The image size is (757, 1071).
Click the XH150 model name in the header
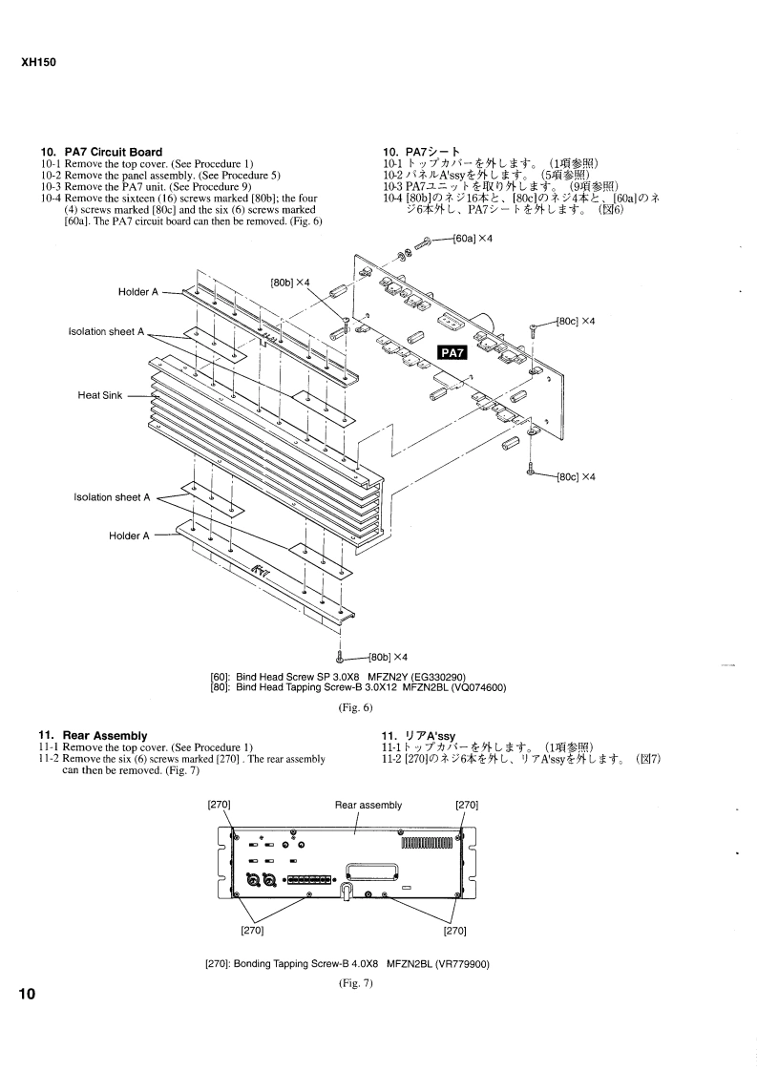[39, 62]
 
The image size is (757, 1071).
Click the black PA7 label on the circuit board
[452, 352]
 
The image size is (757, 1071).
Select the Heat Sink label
[100, 395]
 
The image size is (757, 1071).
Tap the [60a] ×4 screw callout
[473, 239]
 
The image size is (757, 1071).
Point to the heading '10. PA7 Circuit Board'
[102, 153]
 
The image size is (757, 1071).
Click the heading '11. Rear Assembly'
[93, 736]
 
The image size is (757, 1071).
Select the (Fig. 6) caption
[356, 707]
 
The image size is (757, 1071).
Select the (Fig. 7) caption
[356, 983]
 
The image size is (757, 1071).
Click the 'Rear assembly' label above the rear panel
[368, 806]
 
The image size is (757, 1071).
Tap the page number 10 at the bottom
[28, 994]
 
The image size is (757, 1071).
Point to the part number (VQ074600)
[478, 687]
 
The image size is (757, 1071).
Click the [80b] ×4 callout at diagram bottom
[388, 657]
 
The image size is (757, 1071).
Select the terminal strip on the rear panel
[310, 880]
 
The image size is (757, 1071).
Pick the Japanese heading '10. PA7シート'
[422, 153]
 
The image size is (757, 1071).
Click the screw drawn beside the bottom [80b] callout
[340, 657]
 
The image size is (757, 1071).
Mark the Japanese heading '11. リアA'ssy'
[418, 736]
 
